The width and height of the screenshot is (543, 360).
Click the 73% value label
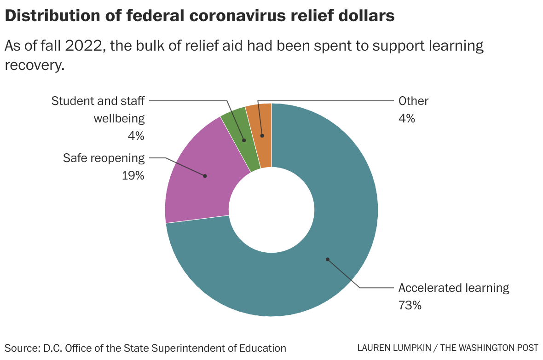click(x=410, y=305)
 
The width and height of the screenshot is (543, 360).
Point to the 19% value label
click(x=133, y=175)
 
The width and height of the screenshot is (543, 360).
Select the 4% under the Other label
click(x=406, y=118)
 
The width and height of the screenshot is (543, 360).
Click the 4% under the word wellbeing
click(x=136, y=136)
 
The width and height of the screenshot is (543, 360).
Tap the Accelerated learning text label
click(x=454, y=288)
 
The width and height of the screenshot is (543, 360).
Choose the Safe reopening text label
click(x=104, y=158)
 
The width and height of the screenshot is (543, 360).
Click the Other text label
click(x=413, y=101)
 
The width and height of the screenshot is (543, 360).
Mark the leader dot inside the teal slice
click(x=327, y=259)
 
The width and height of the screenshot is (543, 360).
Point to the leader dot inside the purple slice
click(x=205, y=176)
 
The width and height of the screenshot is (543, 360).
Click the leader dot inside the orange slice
click(x=262, y=136)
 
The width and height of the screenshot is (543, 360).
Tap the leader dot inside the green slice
click(x=244, y=140)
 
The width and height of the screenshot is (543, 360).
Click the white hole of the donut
click(x=271, y=210)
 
